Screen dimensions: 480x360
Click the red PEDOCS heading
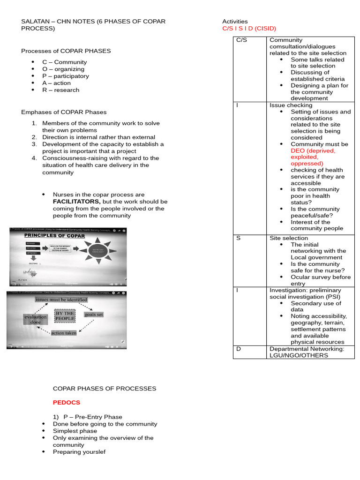(x=66, y=402)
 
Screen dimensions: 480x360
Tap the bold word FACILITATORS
(x=76, y=202)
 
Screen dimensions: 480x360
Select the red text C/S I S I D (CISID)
(x=249, y=29)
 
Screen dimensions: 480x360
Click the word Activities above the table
(x=235, y=22)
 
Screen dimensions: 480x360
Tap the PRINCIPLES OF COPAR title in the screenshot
(x=54, y=236)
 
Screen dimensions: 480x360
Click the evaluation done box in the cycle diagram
(x=36, y=320)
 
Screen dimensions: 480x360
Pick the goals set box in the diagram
(x=94, y=315)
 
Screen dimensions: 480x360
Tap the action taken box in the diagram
(x=64, y=333)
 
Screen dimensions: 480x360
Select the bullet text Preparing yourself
(x=79, y=452)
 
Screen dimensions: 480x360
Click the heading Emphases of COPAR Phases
(x=64, y=112)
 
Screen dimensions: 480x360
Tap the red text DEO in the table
(x=298, y=151)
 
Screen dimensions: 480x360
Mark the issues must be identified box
(x=61, y=300)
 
